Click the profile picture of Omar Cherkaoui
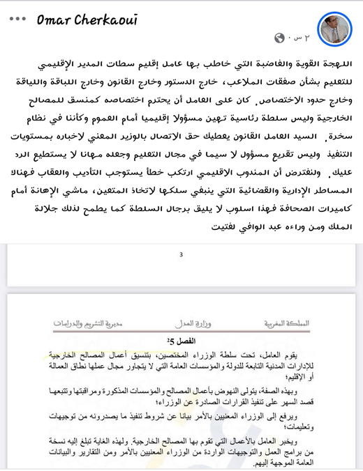click(x=334, y=27)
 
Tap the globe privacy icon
click(x=280, y=38)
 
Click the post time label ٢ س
click(x=298, y=38)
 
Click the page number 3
click(x=181, y=255)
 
